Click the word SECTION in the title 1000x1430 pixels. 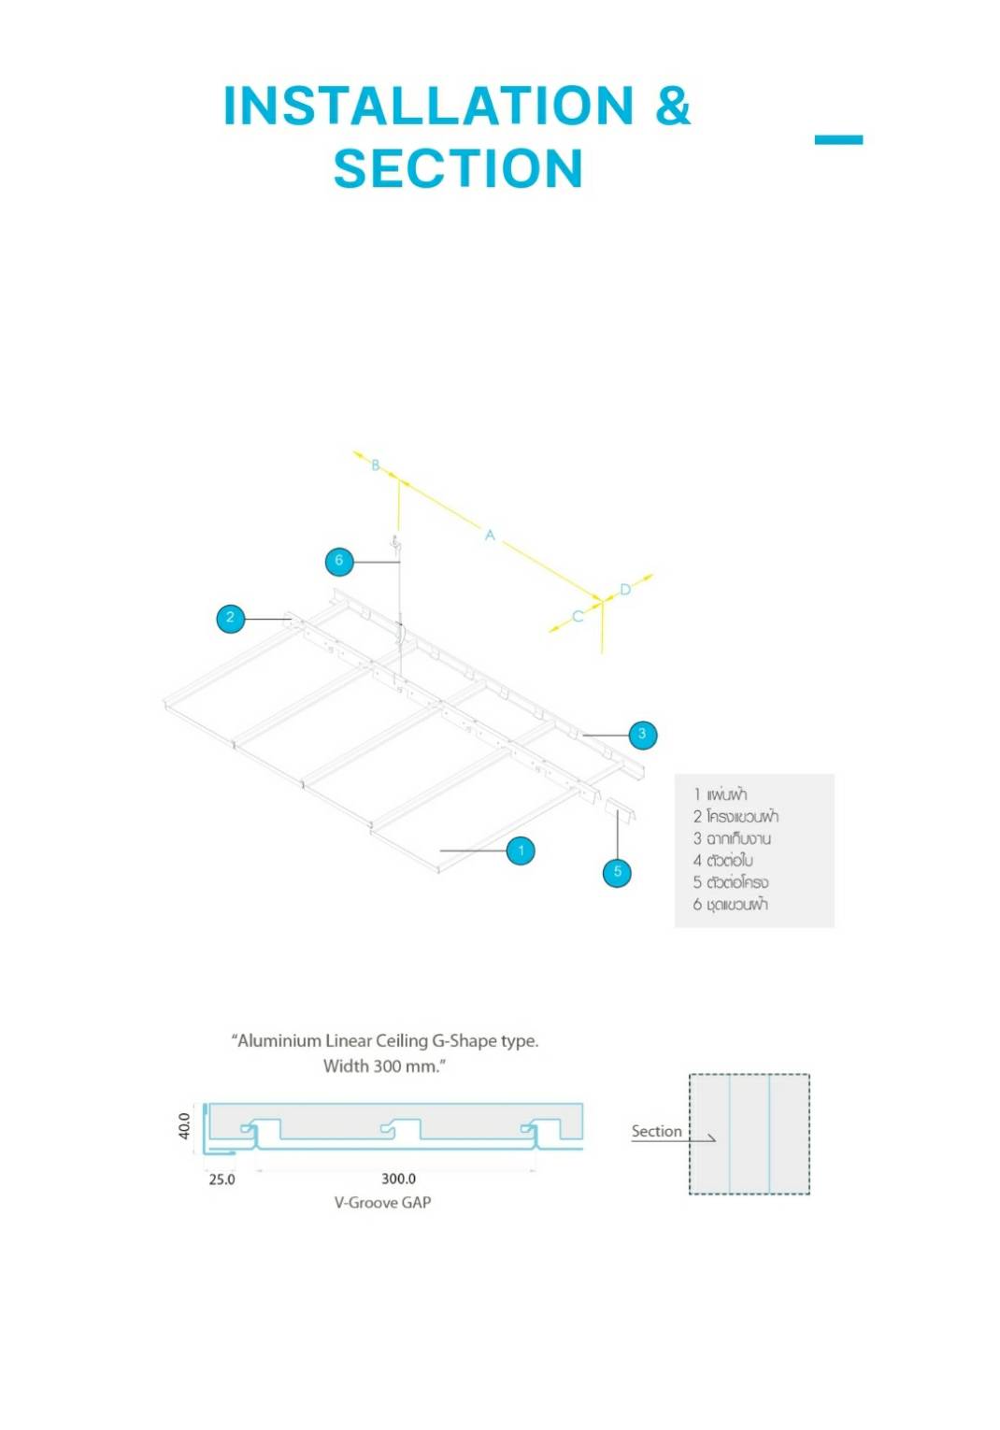coord(458,169)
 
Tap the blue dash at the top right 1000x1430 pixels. coord(838,140)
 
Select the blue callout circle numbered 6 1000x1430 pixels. coord(339,561)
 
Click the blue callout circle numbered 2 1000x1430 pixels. coord(230,618)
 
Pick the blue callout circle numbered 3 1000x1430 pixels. coord(642,735)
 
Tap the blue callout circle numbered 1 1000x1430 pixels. coord(521,851)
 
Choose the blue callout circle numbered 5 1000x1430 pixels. coord(617,872)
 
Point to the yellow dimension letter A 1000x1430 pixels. coord(490,536)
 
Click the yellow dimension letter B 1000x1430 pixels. coord(376,465)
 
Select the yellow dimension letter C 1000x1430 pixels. coord(578,616)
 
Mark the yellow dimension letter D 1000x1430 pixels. coord(625,590)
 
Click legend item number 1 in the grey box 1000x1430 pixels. coord(721,794)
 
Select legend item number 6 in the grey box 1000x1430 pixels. coord(731,905)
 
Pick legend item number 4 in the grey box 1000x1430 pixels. coord(723,861)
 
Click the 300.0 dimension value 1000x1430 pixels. coord(399,1180)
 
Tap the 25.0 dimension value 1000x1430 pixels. coord(221,1180)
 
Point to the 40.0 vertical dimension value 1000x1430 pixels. coord(184,1125)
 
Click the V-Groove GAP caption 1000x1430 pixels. coord(382,1203)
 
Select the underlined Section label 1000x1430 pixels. coord(656,1132)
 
